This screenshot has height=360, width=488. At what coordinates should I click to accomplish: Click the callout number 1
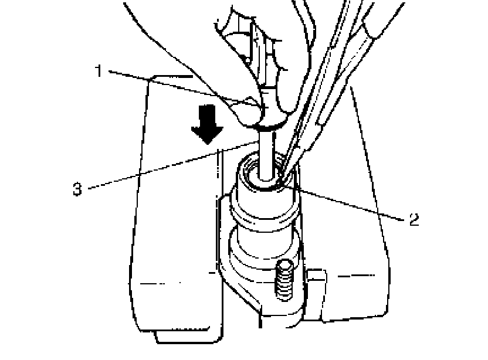(x=100, y=71)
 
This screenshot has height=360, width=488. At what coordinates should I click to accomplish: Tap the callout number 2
(x=414, y=219)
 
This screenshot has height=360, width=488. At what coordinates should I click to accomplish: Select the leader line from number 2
(x=352, y=202)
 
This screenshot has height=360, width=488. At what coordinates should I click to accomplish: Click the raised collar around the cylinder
(x=264, y=214)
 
